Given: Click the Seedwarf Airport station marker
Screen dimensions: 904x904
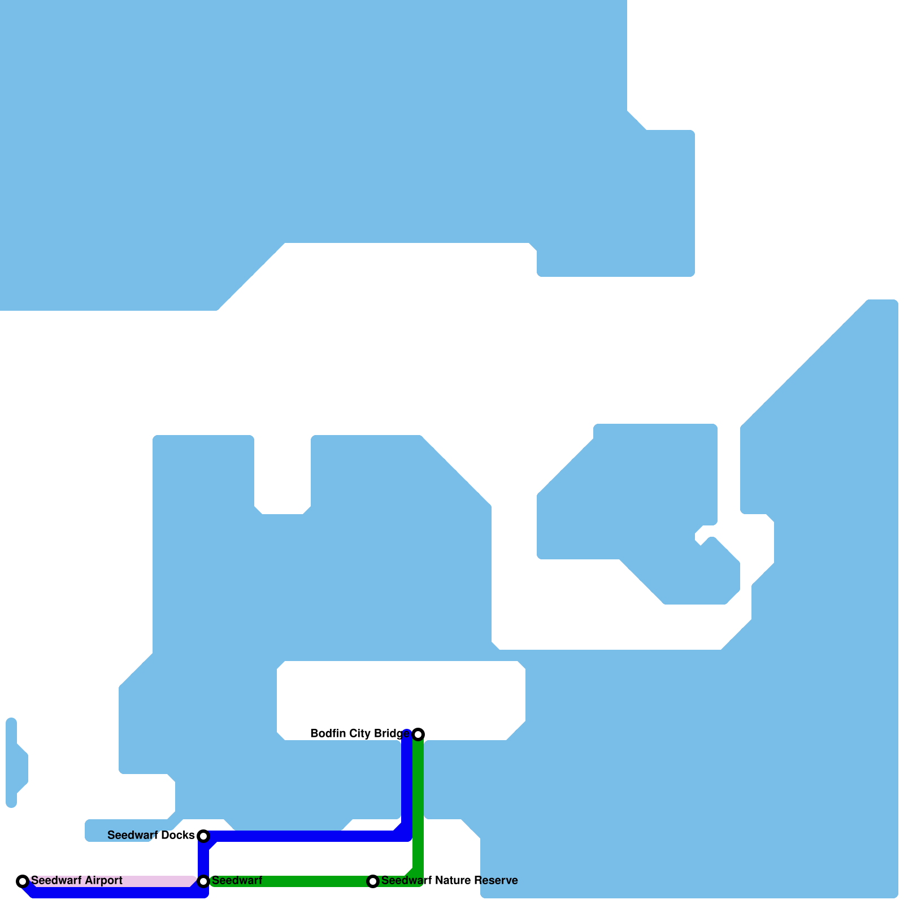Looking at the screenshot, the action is tap(23, 881).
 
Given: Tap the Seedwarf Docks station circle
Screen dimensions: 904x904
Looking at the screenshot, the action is tap(203, 836).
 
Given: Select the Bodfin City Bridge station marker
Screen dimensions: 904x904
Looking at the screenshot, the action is tap(418, 734).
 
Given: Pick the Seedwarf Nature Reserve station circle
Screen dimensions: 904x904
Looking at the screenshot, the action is tap(373, 881).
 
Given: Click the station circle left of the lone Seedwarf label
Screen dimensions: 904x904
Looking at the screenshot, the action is tap(203, 881).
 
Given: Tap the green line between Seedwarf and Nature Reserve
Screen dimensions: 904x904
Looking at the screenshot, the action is tap(288, 881).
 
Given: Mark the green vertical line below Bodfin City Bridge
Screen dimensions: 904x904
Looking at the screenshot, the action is tap(418, 802).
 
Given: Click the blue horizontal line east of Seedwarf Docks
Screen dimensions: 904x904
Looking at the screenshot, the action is tap(305, 836).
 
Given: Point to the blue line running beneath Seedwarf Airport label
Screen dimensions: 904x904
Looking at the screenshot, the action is tap(113, 893).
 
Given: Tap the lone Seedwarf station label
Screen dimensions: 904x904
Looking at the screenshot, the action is tap(237, 880).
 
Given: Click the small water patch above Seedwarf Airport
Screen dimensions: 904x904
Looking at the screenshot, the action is tap(14, 763).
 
